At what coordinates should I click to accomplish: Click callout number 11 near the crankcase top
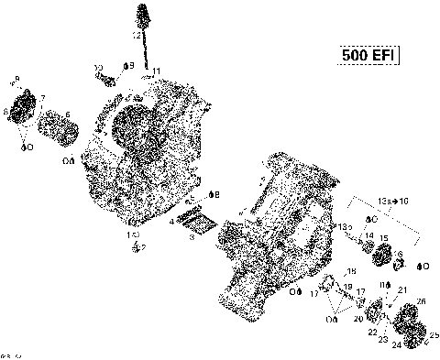157,71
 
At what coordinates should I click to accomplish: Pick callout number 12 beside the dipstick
136,35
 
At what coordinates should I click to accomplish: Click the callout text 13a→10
393,200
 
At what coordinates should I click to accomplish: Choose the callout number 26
421,301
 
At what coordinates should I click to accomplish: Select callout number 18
350,271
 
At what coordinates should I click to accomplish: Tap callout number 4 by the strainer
172,221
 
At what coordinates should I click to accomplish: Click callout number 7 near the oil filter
42,98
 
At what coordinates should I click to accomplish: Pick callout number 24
397,345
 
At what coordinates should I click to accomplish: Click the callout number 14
367,235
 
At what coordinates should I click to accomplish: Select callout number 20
358,320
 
